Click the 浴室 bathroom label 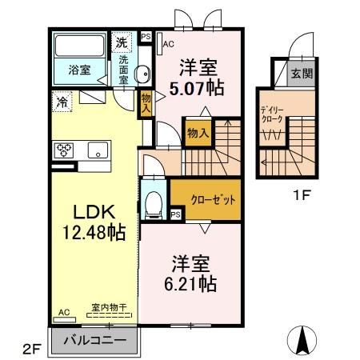[78, 69]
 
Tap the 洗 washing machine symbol [122, 42]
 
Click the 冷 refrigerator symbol [62, 101]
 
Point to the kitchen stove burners [65, 150]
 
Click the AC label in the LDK [62, 314]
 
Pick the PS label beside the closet [175, 214]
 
